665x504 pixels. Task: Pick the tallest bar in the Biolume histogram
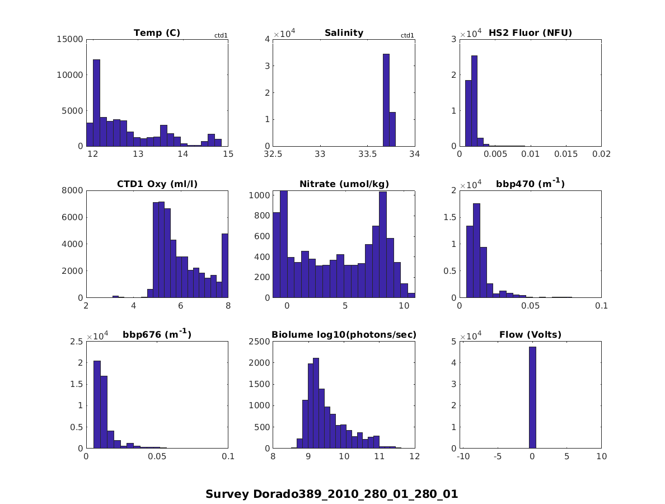click(x=316, y=403)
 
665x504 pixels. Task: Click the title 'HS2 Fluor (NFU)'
click(x=530, y=33)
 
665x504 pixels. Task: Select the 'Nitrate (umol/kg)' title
click(x=344, y=184)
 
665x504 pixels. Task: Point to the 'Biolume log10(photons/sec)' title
click(x=344, y=335)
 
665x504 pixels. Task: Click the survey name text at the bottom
click(x=332, y=494)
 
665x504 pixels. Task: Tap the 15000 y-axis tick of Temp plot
click(x=70, y=39)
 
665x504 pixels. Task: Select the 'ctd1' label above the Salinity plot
click(x=408, y=36)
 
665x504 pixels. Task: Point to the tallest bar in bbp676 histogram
click(x=97, y=404)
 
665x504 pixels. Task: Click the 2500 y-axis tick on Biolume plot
click(x=260, y=342)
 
